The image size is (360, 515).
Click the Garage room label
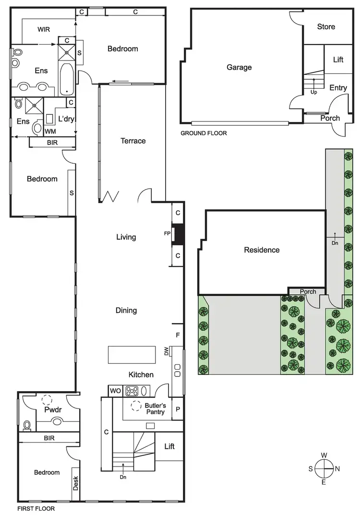[239, 68]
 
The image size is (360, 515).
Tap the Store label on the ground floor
[326, 27]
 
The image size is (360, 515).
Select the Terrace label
[132, 141]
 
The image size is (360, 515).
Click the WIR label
[44, 29]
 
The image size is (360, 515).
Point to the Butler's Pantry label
[155, 409]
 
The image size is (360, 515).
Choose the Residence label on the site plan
[262, 250]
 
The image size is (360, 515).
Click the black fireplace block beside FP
[179, 234]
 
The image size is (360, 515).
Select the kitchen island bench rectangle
[132, 355]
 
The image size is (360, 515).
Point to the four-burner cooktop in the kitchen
[132, 391]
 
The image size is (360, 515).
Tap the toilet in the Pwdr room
[27, 425]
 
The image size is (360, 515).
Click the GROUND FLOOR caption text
[204, 133]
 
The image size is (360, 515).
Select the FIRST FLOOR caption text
[36, 508]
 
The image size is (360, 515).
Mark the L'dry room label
[65, 119]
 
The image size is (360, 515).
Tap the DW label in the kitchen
[167, 352]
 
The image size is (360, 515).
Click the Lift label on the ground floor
[338, 60]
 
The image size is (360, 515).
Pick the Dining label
[126, 311]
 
